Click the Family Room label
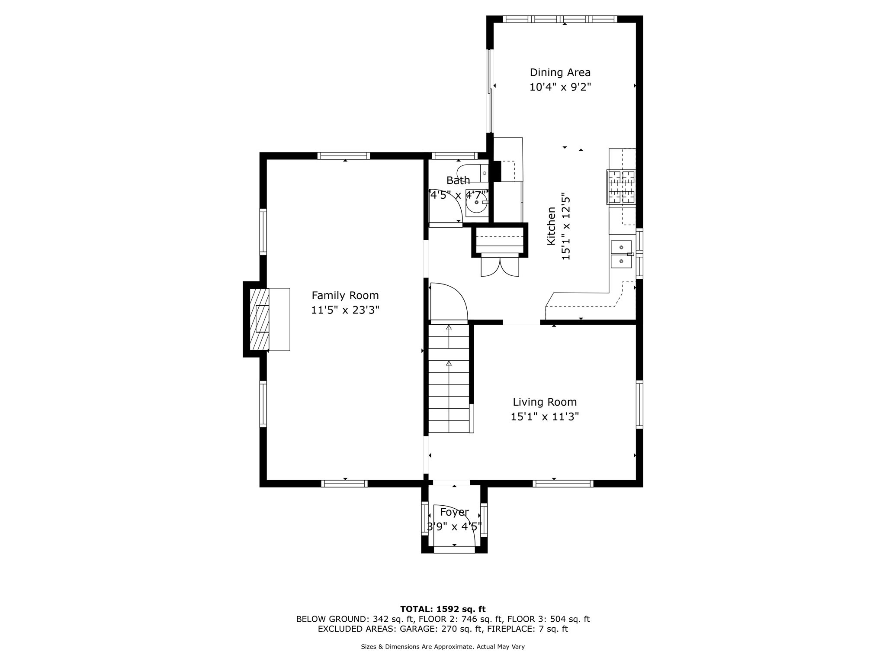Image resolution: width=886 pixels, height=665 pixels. pyautogui.click(x=345, y=295)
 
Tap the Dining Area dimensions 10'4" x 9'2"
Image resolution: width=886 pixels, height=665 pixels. pyautogui.click(x=560, y=87)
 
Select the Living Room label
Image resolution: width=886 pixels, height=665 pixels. pyautogui.click(x=545, y=402)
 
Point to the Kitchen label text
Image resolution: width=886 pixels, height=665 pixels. pyautogui.click(x=551, y=226)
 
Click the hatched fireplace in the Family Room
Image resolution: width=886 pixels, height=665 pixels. pyautogui.click(x=260, y=320)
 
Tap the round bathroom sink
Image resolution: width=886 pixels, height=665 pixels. pyautogui.click(x=477, y=202)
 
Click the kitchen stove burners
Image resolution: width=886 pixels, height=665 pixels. pyautogui.click(x=622, y=187)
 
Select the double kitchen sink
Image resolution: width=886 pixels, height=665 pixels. pyautogui.click(x=621, y=254)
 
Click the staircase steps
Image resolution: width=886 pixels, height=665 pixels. pyautogui.click(x=449, y=379)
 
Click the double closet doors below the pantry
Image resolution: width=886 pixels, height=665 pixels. pyautogui.click(x=500, y=267)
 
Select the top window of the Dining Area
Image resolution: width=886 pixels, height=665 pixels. pyautogui.click(x=560, y=19)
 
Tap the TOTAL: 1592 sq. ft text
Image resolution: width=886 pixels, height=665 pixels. pyautogui.click(x=443, y=609)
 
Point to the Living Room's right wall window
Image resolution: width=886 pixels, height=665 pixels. pyautogui.click(x=639, y=404)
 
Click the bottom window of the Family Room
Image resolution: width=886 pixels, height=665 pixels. pyautogui.click(x=345, y=484)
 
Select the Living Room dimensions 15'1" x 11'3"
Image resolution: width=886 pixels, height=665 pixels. pyautogui.click(x=545, y=417)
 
